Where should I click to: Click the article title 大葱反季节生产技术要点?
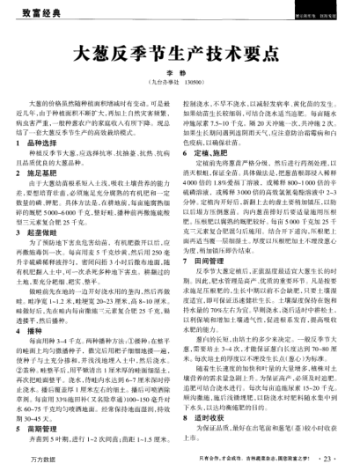(x=180, y=55)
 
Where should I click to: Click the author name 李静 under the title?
(x=180, y=77)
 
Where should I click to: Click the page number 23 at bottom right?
(x=331, y=457)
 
